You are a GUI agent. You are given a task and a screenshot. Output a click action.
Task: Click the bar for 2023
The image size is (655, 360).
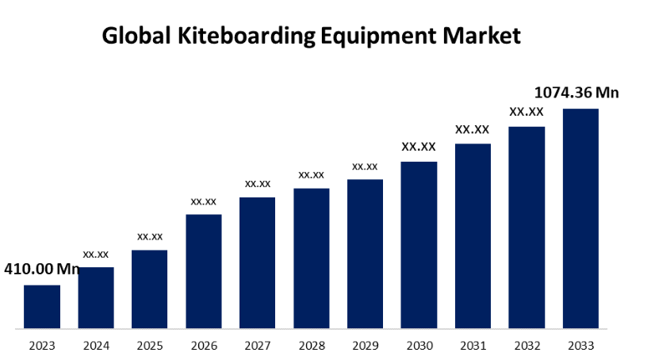(x=42, y=306)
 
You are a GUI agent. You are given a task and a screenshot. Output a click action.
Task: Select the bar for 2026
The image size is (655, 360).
(x=204, y=270)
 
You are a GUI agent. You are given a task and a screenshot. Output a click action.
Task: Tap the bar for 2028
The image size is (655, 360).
(x=312, y=258)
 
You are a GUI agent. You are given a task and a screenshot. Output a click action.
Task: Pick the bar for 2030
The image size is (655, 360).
(x=419, y=244)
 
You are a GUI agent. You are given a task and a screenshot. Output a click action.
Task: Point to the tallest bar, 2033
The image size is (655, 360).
(x=580, y=218)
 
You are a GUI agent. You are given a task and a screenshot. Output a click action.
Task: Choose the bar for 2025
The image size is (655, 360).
(x=150, y=289)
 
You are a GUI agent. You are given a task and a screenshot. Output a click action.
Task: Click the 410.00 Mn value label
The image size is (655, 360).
(x=42, y=270)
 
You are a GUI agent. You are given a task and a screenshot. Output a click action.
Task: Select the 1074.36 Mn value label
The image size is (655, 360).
(x=577, y=93)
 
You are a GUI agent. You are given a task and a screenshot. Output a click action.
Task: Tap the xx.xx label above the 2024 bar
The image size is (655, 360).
(x=96, y=255)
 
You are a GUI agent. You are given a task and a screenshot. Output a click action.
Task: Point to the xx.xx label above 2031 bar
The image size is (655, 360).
(x=473, y=129)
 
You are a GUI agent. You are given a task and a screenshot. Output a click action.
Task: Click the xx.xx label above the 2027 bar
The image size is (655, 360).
(x=258, y=184)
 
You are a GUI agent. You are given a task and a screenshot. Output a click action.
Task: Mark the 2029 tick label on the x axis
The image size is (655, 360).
(x=366, y=346)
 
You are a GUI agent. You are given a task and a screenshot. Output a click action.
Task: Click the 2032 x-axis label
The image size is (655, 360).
(x=527, y=346)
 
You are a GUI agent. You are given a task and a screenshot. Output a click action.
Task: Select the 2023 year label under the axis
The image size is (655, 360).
(x=42, y=346)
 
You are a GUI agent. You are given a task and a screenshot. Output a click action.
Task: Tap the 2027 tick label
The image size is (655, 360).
(x=258, y=346)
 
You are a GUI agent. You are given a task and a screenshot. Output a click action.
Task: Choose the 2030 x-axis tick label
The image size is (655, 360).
(x=419, y=346)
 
